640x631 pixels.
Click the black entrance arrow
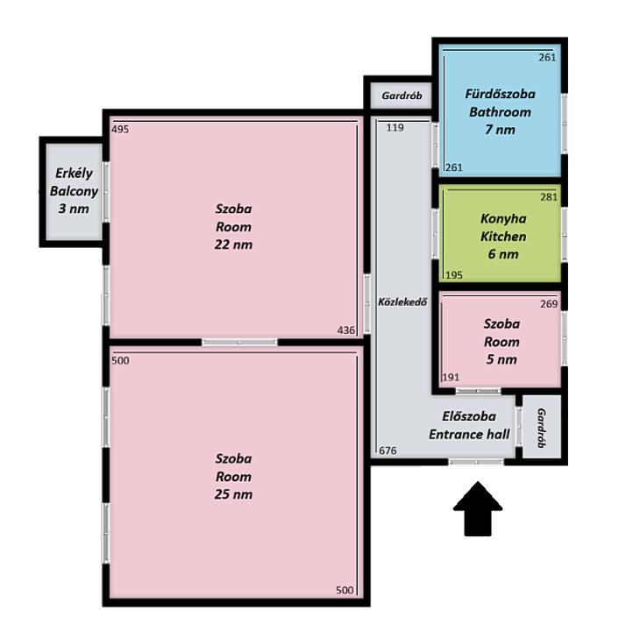[x=478, y=510]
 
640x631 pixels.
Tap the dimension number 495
[x=120, y=130]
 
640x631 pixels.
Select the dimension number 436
[x=345, y=330]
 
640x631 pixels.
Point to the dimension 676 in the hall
[x=388, y=450]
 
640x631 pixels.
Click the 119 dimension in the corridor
[x=395, y=128]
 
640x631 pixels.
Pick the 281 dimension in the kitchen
[x=549, y=197]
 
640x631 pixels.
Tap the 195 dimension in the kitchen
[x=454, y=275]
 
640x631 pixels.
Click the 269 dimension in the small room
[x=549, y=304]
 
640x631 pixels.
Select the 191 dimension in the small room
[x=451, y=378]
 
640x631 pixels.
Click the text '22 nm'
[x=233, y=245]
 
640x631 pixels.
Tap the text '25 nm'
[x=233, y=494]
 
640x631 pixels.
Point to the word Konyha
[x=503, y=219]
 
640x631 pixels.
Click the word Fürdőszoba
[x=500, y=95]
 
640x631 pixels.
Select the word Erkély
[x=74, y=174]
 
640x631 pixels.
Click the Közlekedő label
[x=402, y=302]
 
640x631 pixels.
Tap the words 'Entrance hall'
[x=469, y=435]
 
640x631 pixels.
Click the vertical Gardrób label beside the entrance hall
[x=541, y=428]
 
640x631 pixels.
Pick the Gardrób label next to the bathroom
[x=402, y=96]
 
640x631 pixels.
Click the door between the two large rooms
[x=240, y=342]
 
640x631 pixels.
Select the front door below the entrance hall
[x=476, y=462]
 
